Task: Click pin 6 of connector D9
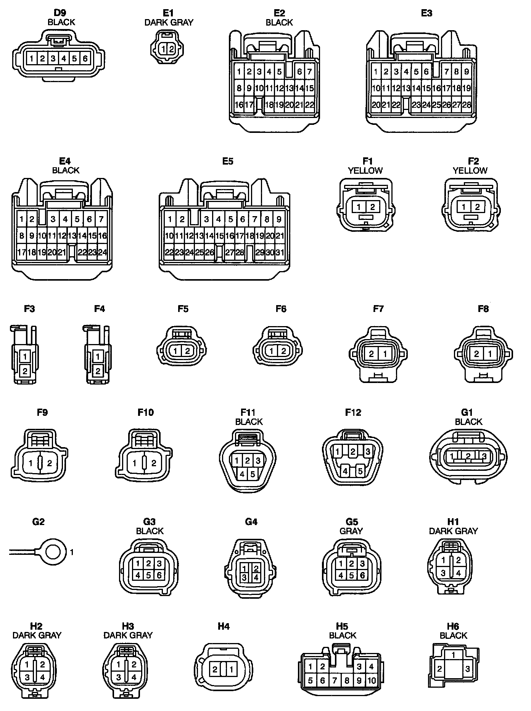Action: (85, 58)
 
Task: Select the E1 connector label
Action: (169, 13)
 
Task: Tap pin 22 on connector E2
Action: (310, 105)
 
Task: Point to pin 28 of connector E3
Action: (467, 105)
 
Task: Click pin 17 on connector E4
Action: (22, 252)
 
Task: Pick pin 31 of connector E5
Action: (280, 252)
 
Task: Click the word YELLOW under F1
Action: (365, 171)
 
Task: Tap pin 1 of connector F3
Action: (25, 357)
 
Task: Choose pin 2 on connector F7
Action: (372, 354)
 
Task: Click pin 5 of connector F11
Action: (253, 475)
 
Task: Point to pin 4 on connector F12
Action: (345, 471)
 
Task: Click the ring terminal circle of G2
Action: (52, 552)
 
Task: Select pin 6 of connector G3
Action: (159, 575)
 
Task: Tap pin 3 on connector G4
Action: (244, 578)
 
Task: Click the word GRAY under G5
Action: (351, 531)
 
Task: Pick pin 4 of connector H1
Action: (459, 573)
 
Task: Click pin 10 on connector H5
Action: (372, 680)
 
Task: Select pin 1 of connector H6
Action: (453, 655)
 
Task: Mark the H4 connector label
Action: (224, 626)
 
